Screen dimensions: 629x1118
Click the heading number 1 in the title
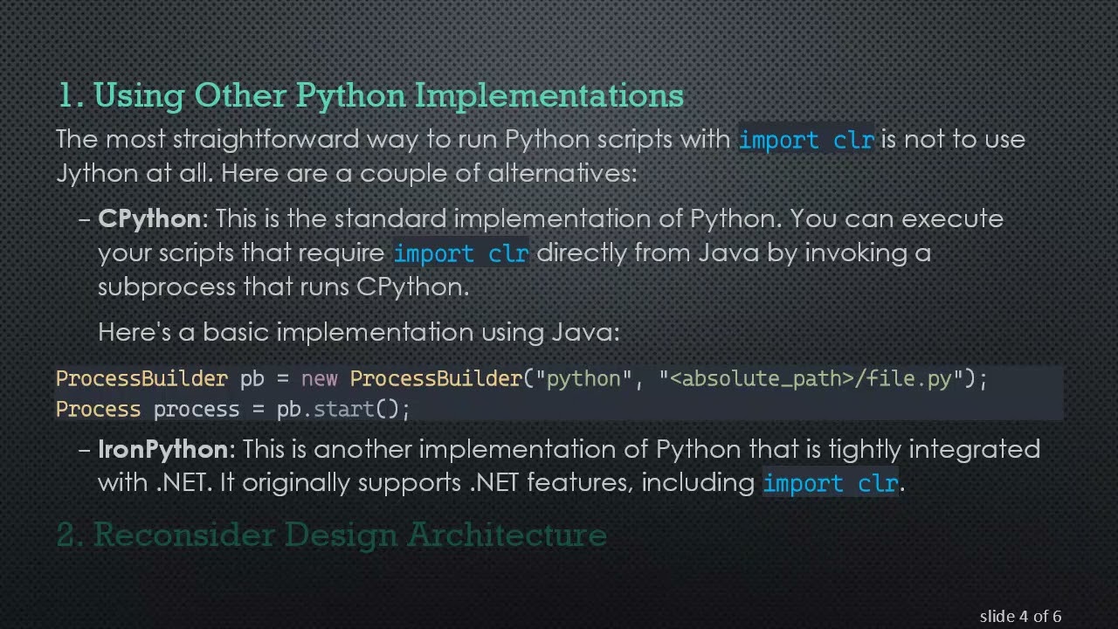coord(66,95)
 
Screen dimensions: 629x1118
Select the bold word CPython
coord(149,218)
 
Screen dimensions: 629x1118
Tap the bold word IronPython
coord(162,449)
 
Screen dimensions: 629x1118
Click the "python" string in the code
coord(583,379)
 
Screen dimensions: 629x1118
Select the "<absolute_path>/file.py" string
coord(811,379)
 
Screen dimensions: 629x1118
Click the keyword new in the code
coord(319,379)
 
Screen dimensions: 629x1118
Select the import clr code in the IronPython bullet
coord(830,483)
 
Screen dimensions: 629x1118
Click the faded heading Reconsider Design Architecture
coord(349,535)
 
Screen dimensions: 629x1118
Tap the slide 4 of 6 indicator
coord(1020,617)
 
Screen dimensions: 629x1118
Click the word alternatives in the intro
coord(562,173)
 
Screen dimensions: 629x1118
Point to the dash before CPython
coord(85,219)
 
